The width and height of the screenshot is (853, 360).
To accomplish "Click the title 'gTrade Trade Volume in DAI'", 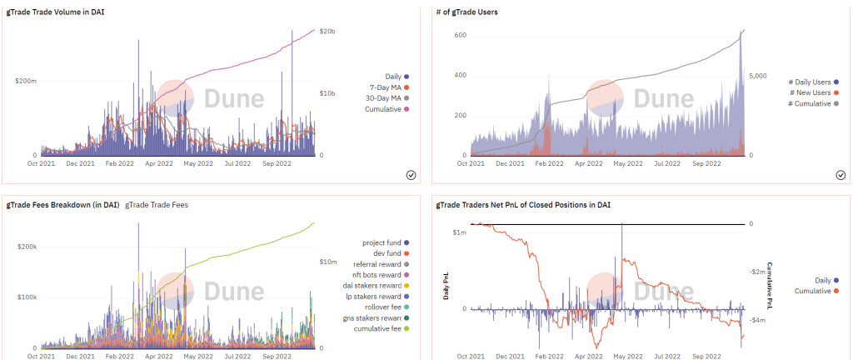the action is [x=56, y=12].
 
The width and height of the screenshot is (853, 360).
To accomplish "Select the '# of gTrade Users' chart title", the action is [x=467, y=12].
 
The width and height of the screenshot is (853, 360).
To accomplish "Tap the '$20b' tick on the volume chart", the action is [x=327, y=31].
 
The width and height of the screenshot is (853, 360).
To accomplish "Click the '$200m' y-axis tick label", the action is [x=26, y=81].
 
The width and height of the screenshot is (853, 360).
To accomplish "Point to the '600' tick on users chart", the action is [x=460, y=35].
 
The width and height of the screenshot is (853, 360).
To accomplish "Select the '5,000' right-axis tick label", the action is [x=758, y=76].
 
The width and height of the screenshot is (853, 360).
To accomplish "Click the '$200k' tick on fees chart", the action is [x=26, y=247].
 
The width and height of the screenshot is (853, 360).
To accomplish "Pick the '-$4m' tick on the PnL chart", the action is [x=758, y=320].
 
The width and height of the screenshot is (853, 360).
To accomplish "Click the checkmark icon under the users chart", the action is [x=841, y=174].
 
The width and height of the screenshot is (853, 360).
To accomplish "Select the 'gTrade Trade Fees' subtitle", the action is [x=156, y=205].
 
